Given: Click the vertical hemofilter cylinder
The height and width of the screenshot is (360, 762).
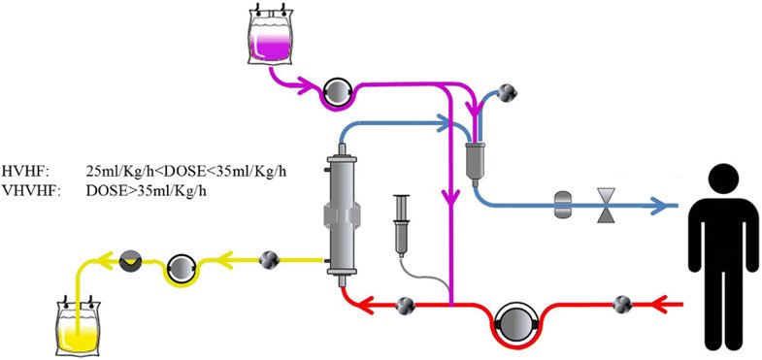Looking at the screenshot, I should [340, 213].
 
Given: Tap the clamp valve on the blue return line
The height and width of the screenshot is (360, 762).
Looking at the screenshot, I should [606, 206].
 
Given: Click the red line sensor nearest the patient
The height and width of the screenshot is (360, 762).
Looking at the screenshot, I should [620, 306].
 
